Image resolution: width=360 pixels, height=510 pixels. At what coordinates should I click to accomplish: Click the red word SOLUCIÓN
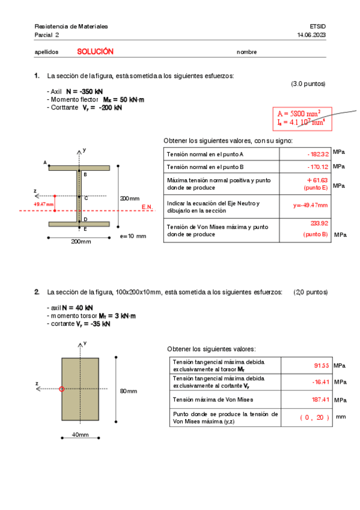95,52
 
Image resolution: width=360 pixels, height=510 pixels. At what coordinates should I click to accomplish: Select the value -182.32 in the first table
317,155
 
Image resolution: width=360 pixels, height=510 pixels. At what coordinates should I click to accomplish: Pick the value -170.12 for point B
317,167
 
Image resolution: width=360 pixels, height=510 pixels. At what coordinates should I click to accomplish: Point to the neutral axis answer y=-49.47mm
311,205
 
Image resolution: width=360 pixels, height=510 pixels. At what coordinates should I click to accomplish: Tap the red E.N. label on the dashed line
148,207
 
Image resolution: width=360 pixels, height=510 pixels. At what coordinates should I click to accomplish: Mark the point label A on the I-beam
45,162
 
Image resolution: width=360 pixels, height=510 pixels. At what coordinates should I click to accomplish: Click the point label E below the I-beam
85,229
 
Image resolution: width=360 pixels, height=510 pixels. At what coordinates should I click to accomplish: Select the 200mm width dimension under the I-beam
81,242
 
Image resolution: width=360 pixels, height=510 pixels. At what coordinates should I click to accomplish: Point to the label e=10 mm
133,236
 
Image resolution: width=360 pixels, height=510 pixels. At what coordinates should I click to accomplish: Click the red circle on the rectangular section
61,389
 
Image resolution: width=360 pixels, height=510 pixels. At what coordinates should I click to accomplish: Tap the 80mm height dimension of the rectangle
128,392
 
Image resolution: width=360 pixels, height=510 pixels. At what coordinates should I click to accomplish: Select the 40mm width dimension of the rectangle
80,434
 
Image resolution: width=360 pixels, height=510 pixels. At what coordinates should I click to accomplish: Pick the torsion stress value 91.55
322,366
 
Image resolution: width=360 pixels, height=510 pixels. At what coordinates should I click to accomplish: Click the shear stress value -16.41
320,382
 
